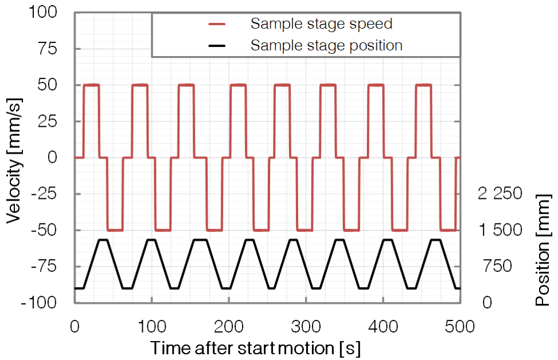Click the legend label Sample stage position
(x=326, y=45)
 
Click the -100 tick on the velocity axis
(x=38, y=302)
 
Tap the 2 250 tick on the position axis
(x=500, y=194)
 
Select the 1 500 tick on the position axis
(x=500, y=230)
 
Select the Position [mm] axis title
(x=543, y=250)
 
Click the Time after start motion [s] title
(x=255, y=348)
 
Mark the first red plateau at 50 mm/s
(x=91, y=85)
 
